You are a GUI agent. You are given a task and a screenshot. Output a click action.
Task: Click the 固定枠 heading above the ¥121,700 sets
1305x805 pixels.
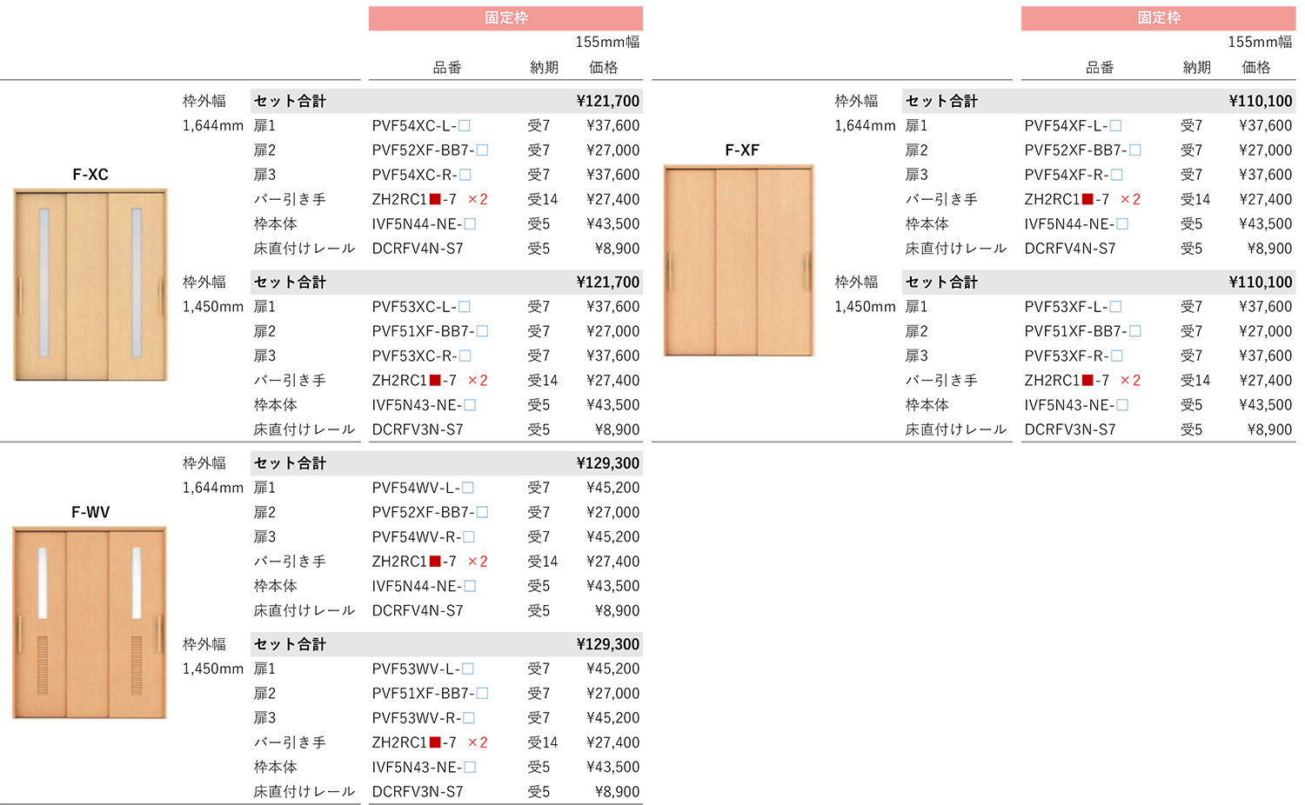click(506, 17)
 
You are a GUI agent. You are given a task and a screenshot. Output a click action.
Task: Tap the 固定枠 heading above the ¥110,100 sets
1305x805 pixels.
click(1159, 17)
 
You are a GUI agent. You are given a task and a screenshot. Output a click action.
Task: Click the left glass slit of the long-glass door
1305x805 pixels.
click(43, 283)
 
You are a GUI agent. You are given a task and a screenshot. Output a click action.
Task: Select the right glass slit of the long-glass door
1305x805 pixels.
click(137, 283)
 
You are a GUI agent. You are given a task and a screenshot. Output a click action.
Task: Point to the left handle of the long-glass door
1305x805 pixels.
click(19, 297)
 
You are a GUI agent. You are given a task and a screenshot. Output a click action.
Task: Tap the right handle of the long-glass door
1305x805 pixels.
click(160, 297)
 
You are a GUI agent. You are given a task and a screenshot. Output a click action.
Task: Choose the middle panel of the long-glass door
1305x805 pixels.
click(88, 285)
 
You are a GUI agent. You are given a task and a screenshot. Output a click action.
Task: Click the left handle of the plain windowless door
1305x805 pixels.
click(669, 272)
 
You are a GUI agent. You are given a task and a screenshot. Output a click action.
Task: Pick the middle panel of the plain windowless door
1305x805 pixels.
click(737, 261)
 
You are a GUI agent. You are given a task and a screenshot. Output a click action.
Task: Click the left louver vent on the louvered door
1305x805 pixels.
click(42, 665)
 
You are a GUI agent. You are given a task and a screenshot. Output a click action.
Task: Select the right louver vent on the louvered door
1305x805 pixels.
click(136, 665)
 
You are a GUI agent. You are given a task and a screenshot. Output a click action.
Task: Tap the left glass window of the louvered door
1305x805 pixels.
click(42, 582)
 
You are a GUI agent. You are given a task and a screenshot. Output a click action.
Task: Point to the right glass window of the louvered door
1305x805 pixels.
click(136, 582)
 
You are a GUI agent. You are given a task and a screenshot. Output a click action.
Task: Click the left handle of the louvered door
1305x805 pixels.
click(19, 635)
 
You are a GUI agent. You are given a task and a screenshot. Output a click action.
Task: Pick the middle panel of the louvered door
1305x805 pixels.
click(88, 624)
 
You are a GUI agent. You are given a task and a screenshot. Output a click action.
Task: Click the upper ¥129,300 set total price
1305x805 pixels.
click(607, 463)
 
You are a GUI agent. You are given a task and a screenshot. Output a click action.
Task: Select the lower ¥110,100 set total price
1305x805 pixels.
click(1260, 283)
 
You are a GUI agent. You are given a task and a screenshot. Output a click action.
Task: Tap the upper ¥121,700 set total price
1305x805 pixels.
click(607, 102)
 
